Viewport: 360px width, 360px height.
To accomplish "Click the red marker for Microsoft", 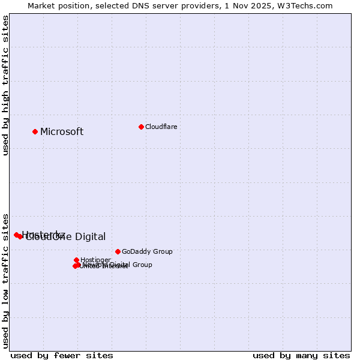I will coord(35,131).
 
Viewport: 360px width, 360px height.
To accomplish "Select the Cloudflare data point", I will coord(141,127).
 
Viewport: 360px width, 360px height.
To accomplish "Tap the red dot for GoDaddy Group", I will coord(118,251).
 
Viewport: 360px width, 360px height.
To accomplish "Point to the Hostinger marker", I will coord(76,260).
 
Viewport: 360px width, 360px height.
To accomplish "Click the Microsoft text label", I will coord(62,132).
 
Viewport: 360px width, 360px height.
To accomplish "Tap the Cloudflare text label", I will coord(161,127).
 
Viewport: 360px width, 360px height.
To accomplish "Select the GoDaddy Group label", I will coord(147,251).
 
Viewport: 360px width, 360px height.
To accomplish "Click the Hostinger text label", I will coord(95,260).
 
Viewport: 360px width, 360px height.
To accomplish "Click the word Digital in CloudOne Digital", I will coord(86,237).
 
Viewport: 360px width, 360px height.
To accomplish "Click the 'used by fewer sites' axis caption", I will coord(62,355).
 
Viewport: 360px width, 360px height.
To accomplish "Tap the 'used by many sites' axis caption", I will coord(301,355).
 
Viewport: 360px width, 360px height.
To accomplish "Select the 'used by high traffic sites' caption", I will coord(6,85).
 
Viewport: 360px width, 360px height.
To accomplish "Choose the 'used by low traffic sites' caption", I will coord(6,280).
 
